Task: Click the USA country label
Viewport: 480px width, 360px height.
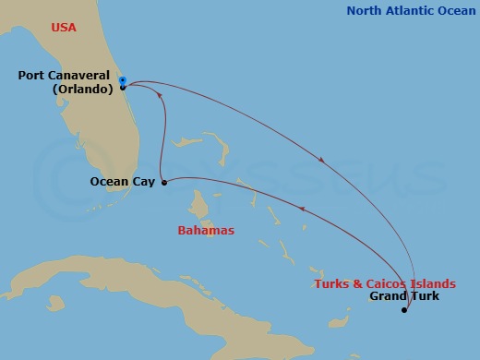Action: [63, 28]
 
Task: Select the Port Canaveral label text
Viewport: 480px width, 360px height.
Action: [65, 76]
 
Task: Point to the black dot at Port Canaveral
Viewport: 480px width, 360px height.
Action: [123, 88]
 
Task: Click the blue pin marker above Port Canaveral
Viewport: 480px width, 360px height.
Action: [123, 79]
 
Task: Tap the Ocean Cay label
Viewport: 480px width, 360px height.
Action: [122, 182]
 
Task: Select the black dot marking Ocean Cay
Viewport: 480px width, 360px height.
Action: [164, 183]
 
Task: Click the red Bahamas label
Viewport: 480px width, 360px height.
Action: [206, 230]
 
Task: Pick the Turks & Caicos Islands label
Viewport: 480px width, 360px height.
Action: [385, 283]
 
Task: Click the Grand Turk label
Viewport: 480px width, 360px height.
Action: [404, 296]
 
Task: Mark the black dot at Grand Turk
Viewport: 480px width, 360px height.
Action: [404, 310]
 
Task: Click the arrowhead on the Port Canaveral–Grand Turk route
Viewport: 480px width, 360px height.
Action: [321, 160]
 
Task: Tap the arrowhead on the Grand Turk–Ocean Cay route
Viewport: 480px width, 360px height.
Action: [300, 210]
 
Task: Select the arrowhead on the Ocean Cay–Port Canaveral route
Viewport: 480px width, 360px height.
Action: [160, 95]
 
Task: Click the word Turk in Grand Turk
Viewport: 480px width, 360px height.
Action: [425, 296]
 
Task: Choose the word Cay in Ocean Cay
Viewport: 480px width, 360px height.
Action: [143, 182]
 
